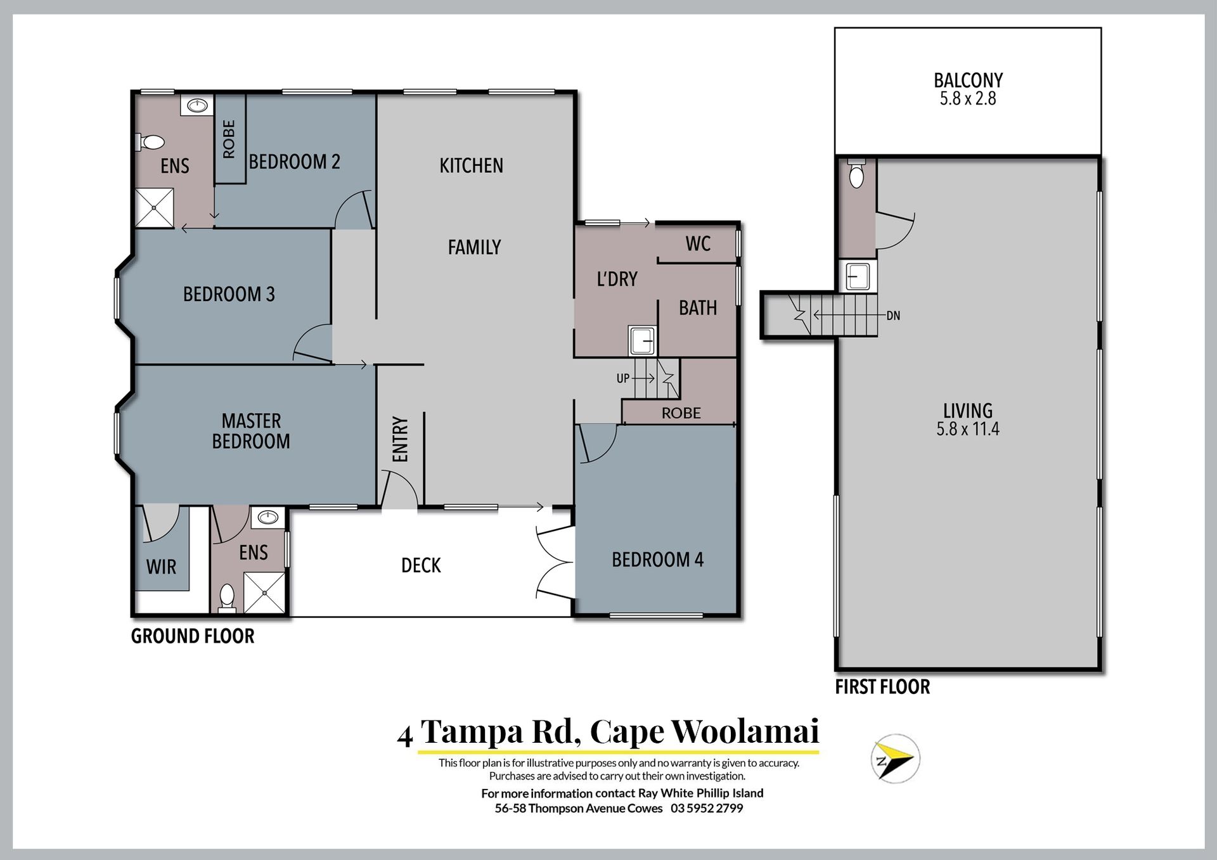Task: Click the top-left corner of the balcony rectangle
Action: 835,28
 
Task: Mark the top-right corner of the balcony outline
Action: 1101,28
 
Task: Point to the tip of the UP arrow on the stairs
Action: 655,378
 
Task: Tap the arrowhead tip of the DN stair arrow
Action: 815,314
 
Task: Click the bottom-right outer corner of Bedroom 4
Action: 740,616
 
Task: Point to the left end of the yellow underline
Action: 418,752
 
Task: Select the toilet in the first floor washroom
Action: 856,174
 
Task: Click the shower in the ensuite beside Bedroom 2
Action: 155,207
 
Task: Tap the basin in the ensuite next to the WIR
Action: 268,518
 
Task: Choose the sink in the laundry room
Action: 643,340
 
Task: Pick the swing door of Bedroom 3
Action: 312,345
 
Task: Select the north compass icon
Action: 895,759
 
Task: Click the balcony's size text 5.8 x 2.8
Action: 968,99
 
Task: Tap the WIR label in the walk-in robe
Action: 161,567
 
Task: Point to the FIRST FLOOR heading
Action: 882,687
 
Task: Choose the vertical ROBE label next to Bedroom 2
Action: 229,139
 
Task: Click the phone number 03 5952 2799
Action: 707,809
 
